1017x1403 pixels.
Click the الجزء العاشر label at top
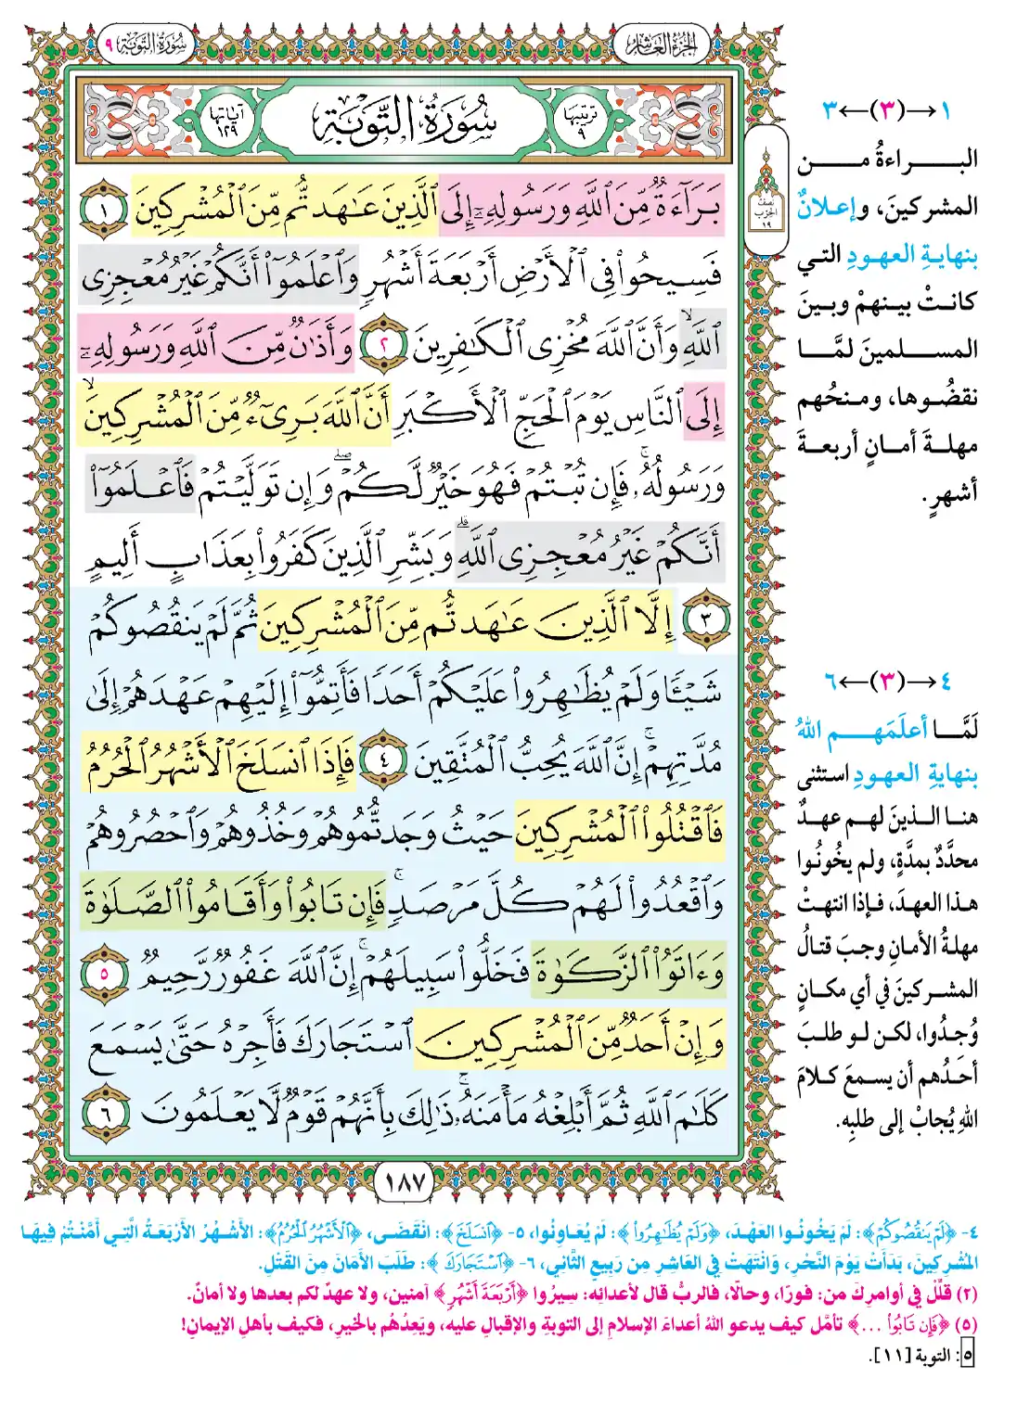pyautogui.click(x=662, y=44)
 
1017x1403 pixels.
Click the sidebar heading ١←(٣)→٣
pyautogui.click(x=886, y=111)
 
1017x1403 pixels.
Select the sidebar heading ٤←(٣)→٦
pyautogui.click(x=886, y=682)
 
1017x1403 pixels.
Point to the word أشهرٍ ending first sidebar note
pyautogui.click(x=951, y=492)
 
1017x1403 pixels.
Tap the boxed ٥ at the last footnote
pyautogui.click(x=967, y=1356)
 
